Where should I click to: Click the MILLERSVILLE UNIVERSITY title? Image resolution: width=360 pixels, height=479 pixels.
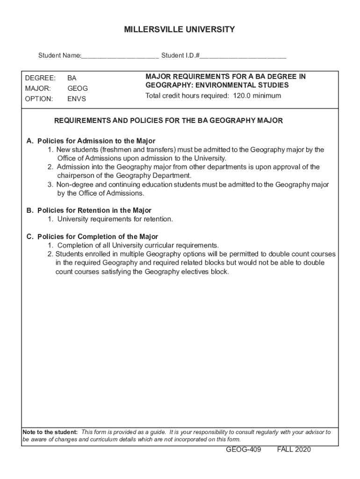pos(180,30)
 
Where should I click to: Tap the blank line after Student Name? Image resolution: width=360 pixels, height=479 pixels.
pos(120,57)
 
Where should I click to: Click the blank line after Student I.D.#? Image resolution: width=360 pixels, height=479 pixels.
pos(243,57)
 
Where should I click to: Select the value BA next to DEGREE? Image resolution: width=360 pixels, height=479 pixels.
pos(72,78)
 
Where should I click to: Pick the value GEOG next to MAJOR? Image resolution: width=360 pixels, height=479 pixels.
pos(78,88)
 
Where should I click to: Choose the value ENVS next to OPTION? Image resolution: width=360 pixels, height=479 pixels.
pos(77,99)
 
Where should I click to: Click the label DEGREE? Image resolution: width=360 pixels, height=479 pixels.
pos(40,78)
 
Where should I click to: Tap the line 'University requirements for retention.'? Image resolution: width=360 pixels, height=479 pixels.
pos(115,219)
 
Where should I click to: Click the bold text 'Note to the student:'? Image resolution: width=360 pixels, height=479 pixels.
pos(50,432)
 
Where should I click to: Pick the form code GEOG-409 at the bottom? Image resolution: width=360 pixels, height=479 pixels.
pos(243,450)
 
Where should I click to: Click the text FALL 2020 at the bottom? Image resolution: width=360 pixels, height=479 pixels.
pos(294,450)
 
